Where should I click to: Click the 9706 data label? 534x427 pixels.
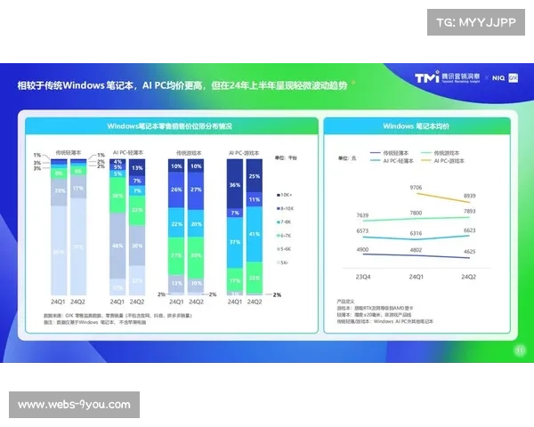click(417, 188)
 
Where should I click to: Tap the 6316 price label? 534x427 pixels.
click(417, 233)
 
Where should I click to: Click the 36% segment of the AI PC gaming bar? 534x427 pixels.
click(235, 185)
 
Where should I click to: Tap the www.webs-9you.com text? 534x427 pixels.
click(75, 405)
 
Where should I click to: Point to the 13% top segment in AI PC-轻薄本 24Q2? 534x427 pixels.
click(136, 167)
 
